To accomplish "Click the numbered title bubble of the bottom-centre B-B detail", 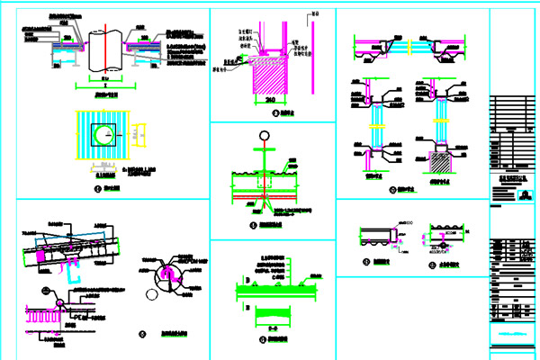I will pyautogui.click(x=260, y=339).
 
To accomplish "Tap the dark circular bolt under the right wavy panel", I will pyautogui.click(x=442, y=244).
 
